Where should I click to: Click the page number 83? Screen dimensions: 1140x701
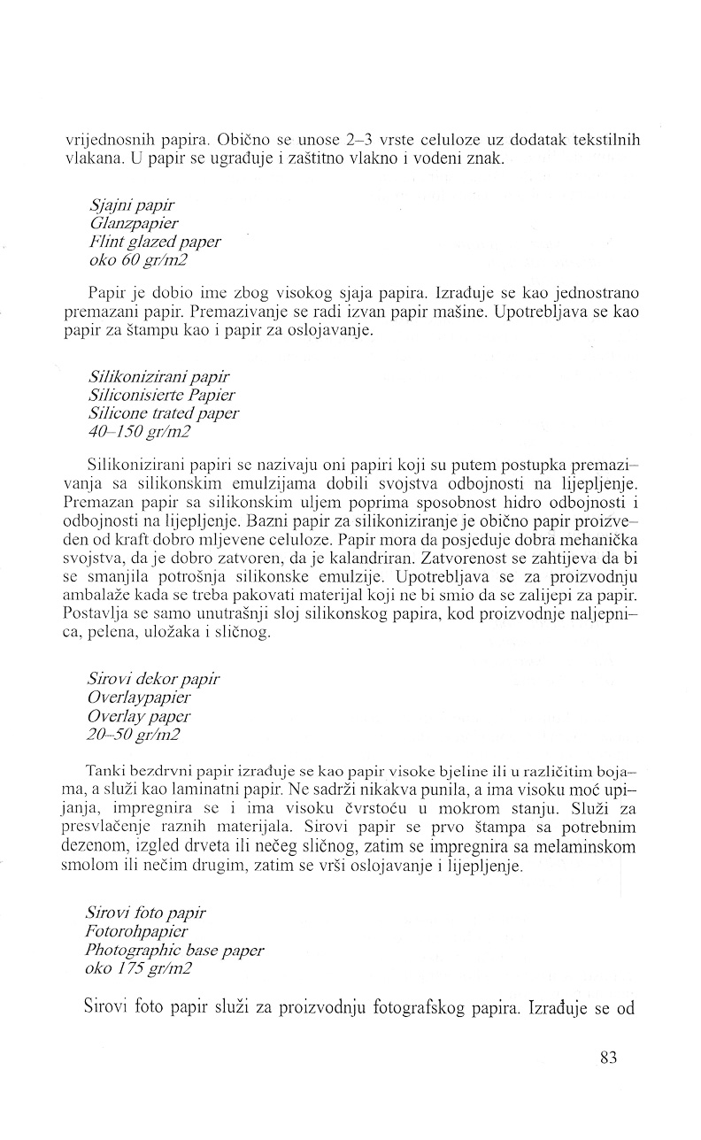coord(607,1059)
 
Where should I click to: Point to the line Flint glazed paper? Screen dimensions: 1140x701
coord(155,241)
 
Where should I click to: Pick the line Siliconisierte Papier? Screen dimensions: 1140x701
coord(162,396)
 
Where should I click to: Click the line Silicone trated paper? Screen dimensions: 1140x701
coord(164,412)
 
